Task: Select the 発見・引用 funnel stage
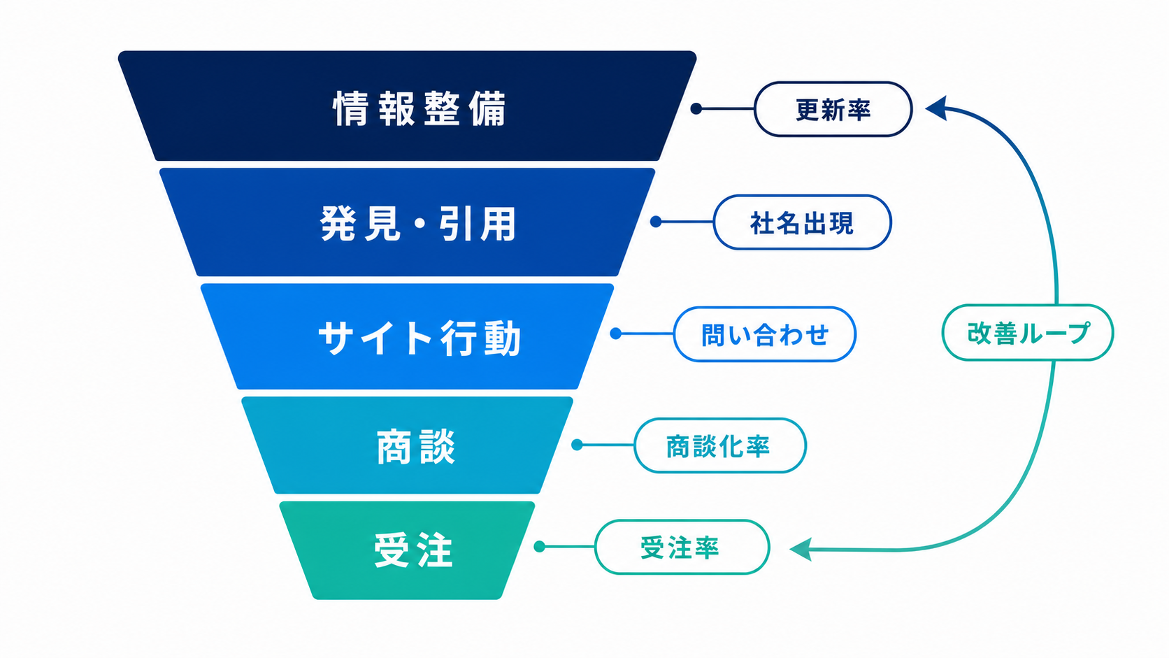407,222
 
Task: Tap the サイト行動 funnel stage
407,336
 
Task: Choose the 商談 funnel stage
407,445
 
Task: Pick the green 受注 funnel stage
407,550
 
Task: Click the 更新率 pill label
833,109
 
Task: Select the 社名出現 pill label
802,222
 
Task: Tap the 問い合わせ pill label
765,334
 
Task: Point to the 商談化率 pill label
720,445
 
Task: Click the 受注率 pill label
682,548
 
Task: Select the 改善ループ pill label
1028,333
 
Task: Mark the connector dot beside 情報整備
696,108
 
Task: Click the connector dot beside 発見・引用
656,222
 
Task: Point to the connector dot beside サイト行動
616,334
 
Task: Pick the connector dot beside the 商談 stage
577,445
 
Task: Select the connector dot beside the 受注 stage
540,547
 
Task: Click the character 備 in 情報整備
487,108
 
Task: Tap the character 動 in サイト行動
502,338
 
